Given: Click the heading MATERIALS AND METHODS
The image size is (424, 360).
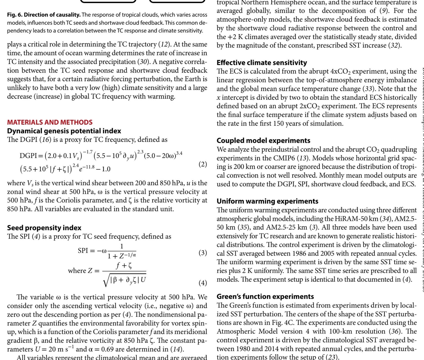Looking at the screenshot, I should [50, 122].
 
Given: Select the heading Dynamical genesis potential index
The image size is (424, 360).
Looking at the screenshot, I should [64, 131].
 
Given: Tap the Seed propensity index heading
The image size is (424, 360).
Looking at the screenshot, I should [44, 228].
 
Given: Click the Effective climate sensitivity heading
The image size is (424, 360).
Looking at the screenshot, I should [262, 62].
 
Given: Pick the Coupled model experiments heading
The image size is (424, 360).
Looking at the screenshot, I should [263, 140].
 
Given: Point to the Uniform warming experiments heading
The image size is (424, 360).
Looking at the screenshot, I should [268, 201].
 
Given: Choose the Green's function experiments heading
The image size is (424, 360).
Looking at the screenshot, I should [265, 296].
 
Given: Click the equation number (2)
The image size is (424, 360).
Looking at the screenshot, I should [203, 164].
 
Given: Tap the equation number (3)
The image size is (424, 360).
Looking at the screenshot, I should [203, 253].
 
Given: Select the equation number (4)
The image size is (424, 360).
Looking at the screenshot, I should [203, 283].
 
